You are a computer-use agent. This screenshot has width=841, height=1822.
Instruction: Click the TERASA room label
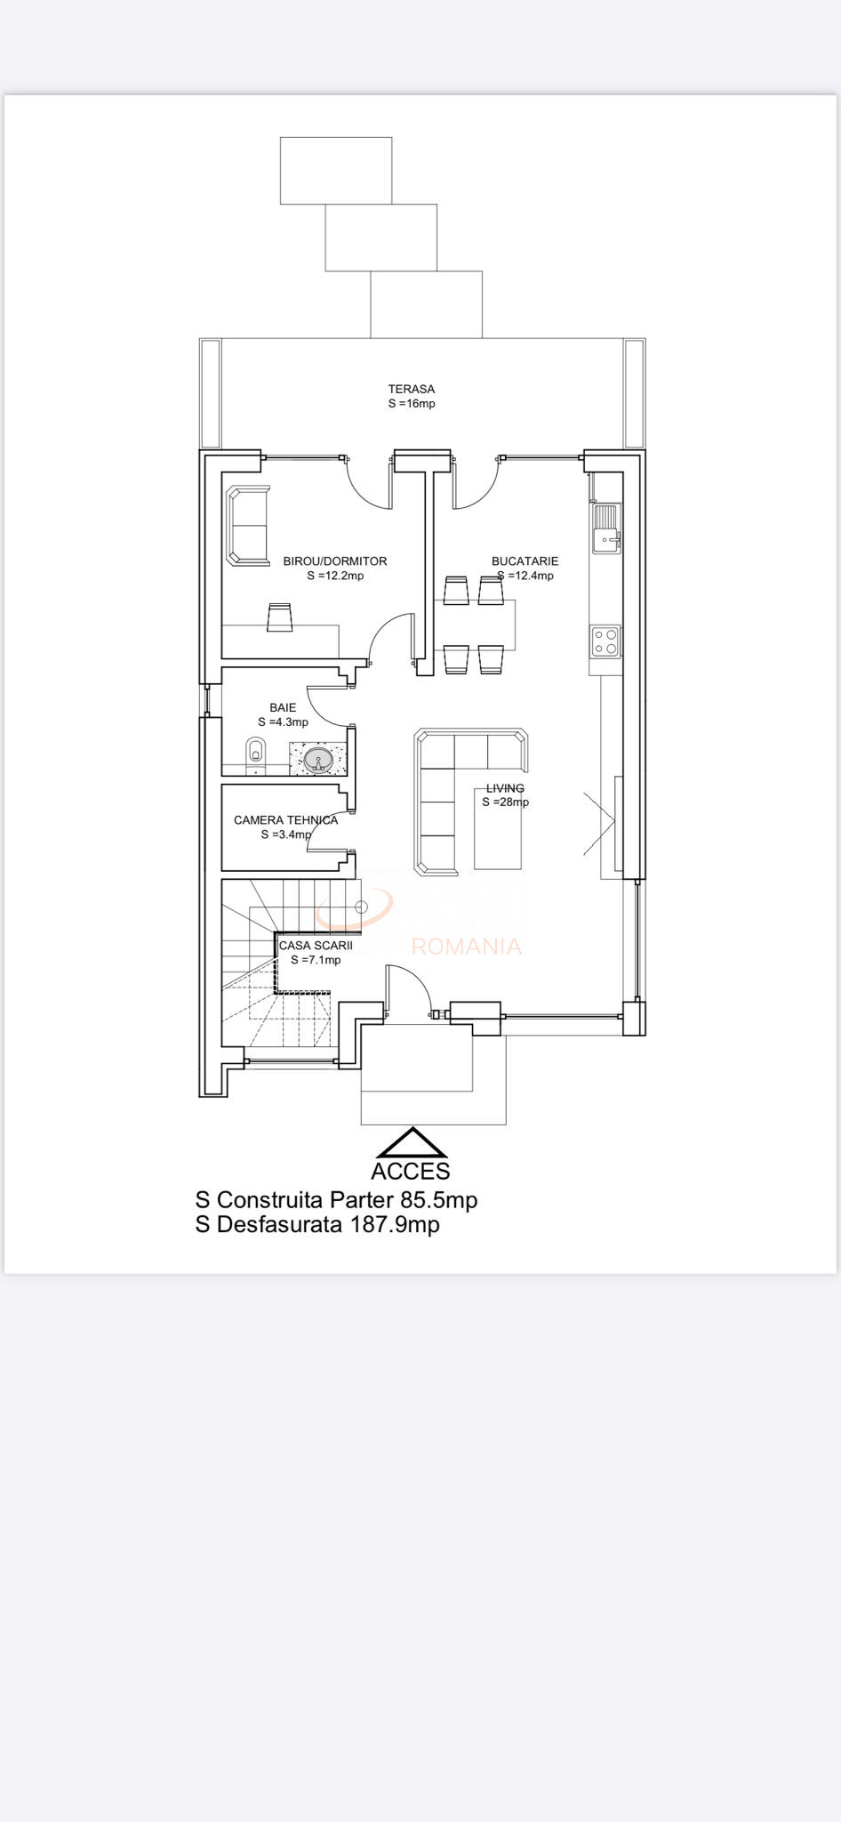click(411, 389)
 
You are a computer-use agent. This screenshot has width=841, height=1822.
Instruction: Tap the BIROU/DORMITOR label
click(335, 561)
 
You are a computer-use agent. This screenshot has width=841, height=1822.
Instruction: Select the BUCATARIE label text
click(525, 561)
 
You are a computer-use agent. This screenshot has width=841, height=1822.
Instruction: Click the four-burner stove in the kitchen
click(606, 641)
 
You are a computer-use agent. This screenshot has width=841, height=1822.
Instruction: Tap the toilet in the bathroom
click(255, 752)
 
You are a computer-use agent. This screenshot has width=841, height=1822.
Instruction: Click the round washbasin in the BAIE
click(318, 761)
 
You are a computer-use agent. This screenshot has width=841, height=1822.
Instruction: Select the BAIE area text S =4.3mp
click(283, 722)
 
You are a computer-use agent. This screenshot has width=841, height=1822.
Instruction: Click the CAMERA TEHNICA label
click(285, 820)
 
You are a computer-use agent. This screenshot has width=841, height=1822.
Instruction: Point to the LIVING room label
click(505, 788)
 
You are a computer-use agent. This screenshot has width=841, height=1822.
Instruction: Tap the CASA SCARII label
click(316, 946)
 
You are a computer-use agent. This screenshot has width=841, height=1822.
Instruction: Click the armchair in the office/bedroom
click(248, 525)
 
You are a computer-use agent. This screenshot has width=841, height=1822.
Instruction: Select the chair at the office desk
click(280, 617)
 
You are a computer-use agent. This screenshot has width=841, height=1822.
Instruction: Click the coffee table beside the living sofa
click(498, 828)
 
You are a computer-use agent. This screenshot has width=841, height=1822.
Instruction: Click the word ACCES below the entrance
click(411, 1172)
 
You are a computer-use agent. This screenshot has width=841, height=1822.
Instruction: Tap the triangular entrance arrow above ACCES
click(412, 1142)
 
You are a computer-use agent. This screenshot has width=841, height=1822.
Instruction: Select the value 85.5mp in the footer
click(439, 1200)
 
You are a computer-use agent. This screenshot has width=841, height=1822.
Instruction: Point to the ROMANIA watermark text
click(466, 947)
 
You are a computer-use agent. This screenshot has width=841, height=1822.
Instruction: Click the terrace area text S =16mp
click(412, 404)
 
